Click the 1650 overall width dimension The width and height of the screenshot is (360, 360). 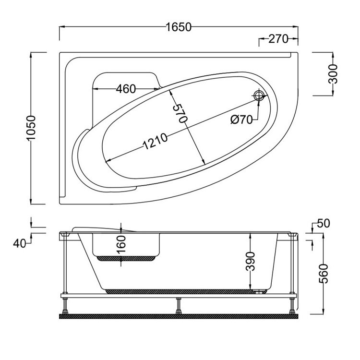179,27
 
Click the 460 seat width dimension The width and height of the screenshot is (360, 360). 126,89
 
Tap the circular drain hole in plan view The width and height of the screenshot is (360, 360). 259,96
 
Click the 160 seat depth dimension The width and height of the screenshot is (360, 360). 121,245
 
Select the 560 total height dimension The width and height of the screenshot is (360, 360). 325,274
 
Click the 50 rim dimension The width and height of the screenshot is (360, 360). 324,224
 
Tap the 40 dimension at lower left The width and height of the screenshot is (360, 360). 19,243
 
